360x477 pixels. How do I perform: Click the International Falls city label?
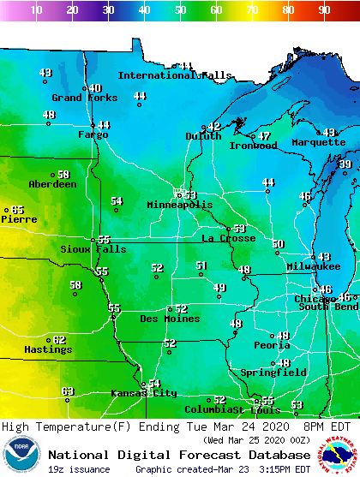[175, 75]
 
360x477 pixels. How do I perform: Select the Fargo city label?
[93, 134]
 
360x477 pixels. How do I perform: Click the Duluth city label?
[203, 136]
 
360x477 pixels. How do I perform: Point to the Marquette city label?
[318, 142]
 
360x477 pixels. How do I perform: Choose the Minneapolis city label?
[179, 206]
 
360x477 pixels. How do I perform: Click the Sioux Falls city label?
[93, 249]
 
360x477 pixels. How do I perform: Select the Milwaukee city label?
[314, 266]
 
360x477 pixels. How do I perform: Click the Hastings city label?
[48, 349]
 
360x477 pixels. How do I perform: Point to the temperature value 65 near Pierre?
[17, 210]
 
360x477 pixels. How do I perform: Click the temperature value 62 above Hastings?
[59, 340]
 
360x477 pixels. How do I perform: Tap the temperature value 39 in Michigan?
[345, 164]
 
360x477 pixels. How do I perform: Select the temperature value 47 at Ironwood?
[264, 136]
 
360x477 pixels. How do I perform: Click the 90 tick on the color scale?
[324, 9]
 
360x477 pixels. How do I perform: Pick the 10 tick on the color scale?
[36, 9]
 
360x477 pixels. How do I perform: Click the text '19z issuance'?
[79, 469]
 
